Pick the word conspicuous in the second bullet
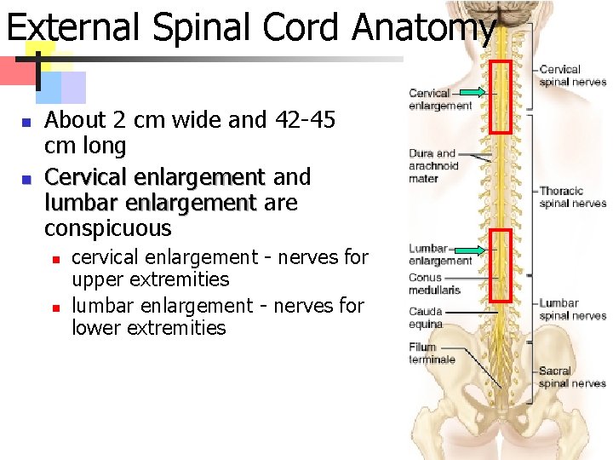pos(107,228)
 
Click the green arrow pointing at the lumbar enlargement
pos(469,250)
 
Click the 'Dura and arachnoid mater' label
pos(433,166)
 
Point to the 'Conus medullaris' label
pos(434,284)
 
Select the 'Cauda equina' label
pos(426,318)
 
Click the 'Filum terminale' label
pos(432,354)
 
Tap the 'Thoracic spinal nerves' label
pos(572,197)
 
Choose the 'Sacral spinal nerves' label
pos(572,377)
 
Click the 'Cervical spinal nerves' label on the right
pos(572,76)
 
